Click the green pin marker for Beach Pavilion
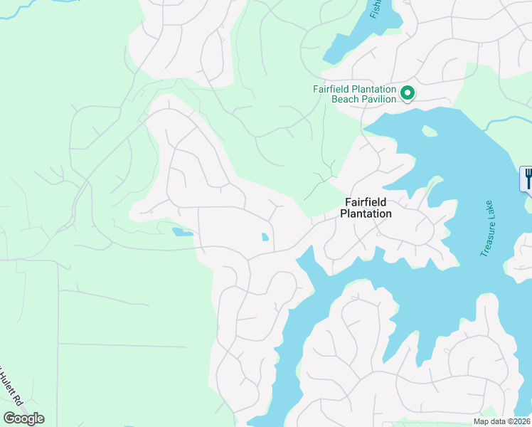point(408,93)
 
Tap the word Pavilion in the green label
point(378,99)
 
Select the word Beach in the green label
point(346,99)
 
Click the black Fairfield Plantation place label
point(366,208)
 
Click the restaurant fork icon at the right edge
point(527,178)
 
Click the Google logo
point(23,418)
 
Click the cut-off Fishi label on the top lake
point(375,9)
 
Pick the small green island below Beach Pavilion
point(428,131)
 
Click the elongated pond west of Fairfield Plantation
point(182,231)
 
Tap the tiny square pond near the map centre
point(265,237)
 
